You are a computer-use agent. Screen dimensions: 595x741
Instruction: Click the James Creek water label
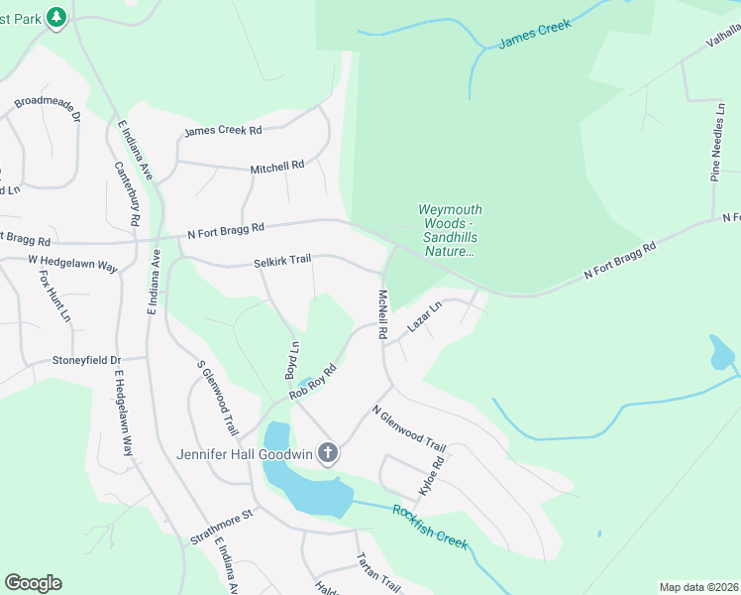point(535,35)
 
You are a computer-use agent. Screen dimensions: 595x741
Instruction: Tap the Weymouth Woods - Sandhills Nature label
point(450,230)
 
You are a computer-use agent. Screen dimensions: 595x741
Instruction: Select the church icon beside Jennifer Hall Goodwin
point(329,454)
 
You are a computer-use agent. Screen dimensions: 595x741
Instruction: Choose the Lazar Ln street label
point(422,319)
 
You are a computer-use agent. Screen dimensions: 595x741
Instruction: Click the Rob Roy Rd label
point(313,382)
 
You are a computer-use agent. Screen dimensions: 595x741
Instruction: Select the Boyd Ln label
point(292,360)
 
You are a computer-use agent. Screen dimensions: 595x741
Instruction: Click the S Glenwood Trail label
point(218,399)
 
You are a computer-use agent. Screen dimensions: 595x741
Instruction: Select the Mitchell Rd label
point(276,167)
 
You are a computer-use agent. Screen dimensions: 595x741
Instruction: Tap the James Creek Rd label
point(223,131)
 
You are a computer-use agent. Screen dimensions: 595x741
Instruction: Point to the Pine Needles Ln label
point(718,151)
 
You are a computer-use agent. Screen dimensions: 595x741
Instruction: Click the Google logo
point(33,583)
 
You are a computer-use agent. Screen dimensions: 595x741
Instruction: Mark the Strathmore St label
point(223,528)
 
